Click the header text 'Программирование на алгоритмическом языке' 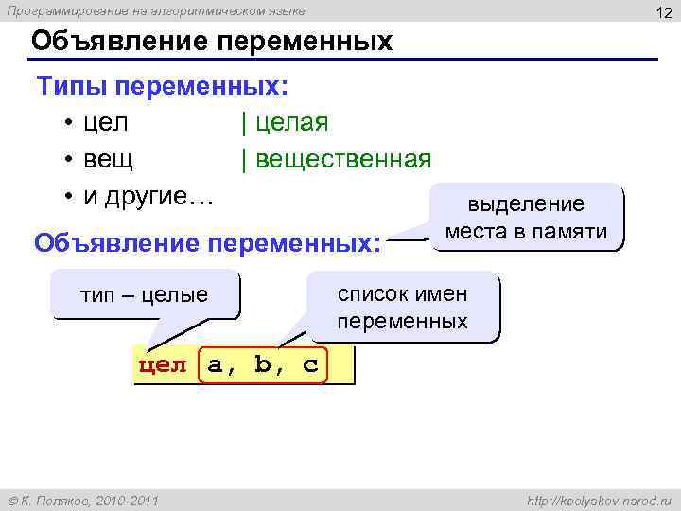[157, 10]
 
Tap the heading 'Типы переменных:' [163, 88]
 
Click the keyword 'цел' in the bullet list [106, 123]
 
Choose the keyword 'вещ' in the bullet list [108, 158]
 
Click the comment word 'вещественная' [341, 158]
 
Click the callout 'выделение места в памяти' [527, 218]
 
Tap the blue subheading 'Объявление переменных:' [207, 243]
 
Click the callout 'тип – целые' [146, 295]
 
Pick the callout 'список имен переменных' [403, 308]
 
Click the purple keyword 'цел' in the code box [164, 366]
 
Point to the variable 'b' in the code [262, 365]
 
